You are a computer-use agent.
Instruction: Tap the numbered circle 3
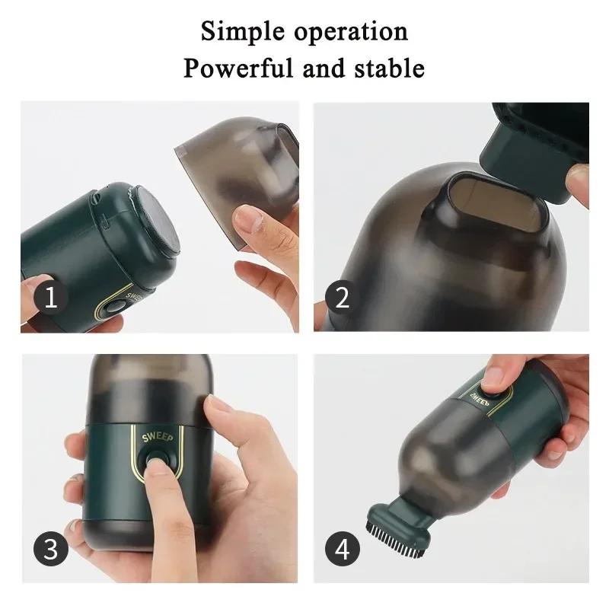coord(50,548)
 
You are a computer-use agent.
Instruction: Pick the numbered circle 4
coord(343,548)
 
